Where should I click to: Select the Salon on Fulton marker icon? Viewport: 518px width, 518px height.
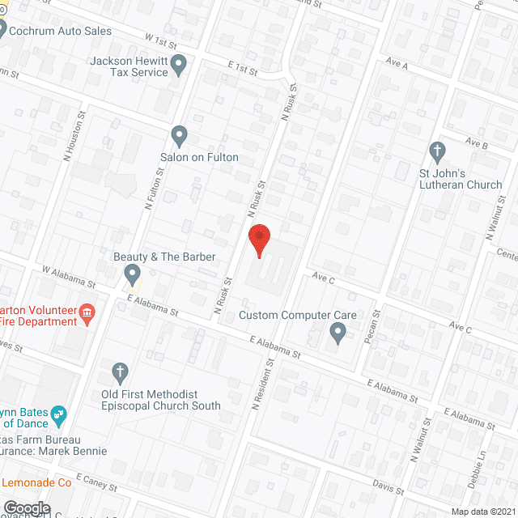[x=180, y=135]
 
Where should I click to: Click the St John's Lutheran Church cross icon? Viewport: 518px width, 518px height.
[x=437, y=151]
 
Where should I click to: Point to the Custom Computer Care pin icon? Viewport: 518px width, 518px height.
[x=338, y=331]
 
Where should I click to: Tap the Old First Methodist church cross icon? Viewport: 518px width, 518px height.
[x=120, y=372]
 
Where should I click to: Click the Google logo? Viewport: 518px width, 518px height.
[x=27, y=507]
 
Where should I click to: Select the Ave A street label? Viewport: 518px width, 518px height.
[x=397, y=63]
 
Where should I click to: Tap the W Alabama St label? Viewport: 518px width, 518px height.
[x=69, y=278]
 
